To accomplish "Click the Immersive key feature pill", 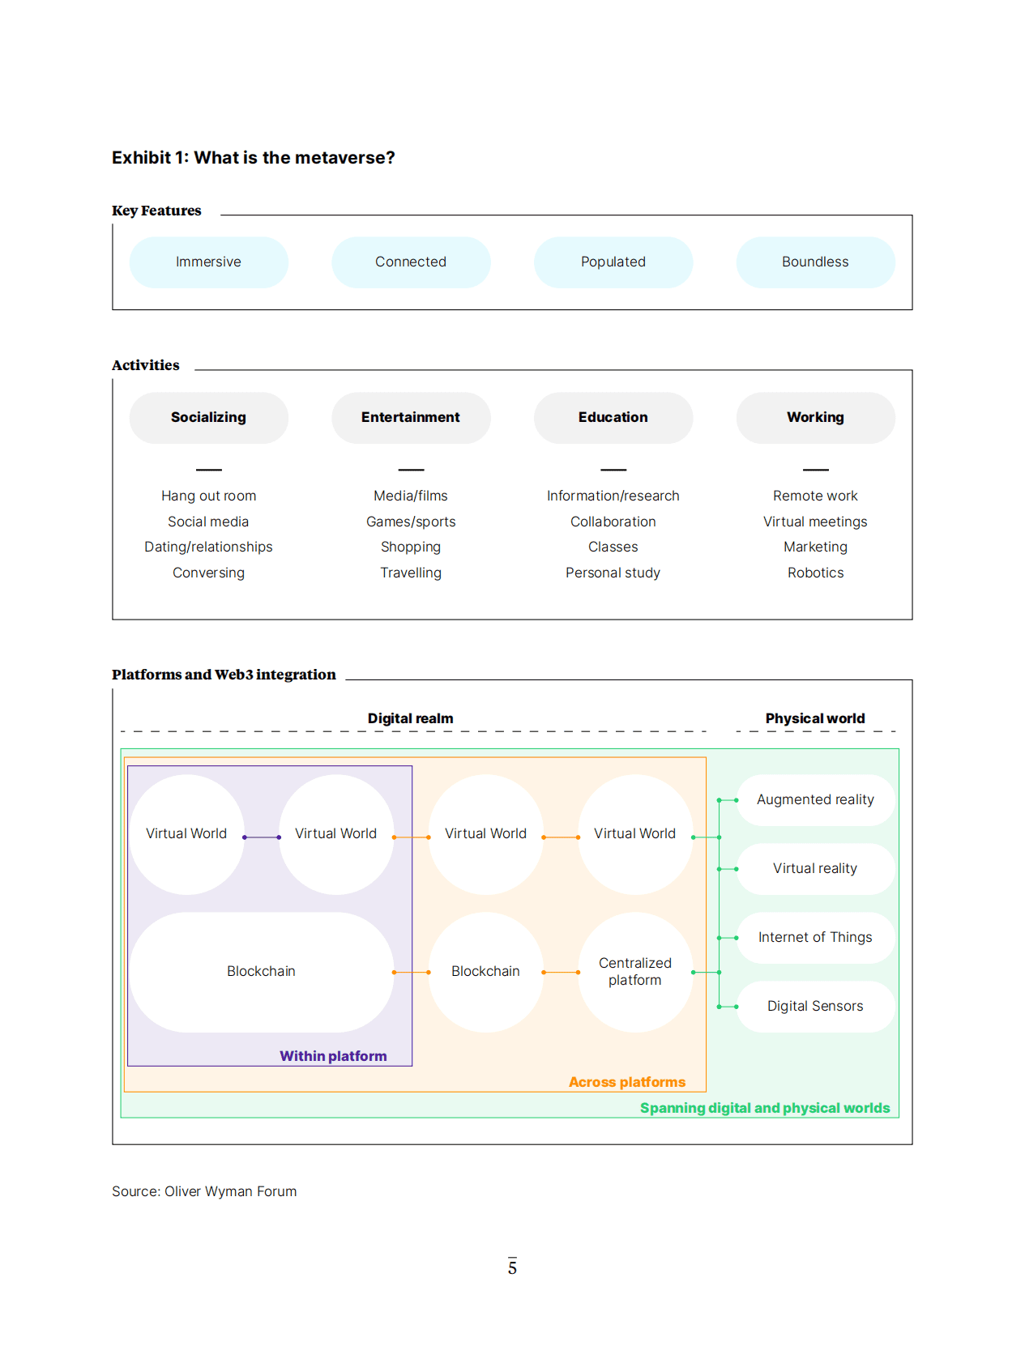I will [x=208, y=262].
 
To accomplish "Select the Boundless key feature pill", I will [x=815, y=262].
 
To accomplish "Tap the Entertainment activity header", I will [x=411, y=418].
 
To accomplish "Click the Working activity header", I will [x=815, y=418].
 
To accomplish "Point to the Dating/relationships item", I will [x=208, y=547].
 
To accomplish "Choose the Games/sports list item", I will [x=411, y=522].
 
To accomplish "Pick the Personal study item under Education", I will [x=613, y=573].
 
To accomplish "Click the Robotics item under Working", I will [x=815, y=573].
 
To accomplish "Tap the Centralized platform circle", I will [x=635, y=972].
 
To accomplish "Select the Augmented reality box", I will [x=815, y=800].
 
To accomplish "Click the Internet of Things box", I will [x=815, y=938].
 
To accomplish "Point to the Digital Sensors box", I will [x=815, y=1007].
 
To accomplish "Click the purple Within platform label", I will [x=333, y=1056].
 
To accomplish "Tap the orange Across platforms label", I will [x=626, y=1082].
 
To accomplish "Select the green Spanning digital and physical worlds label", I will [x=764, y=1108].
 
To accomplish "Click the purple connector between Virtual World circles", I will [x=262, y=837].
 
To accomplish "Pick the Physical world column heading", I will [x=815, y=718].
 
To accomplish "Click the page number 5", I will [x=512, y=1267].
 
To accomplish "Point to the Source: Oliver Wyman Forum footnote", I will [x=204, y=1191].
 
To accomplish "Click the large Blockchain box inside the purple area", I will [x=261, y=972].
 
